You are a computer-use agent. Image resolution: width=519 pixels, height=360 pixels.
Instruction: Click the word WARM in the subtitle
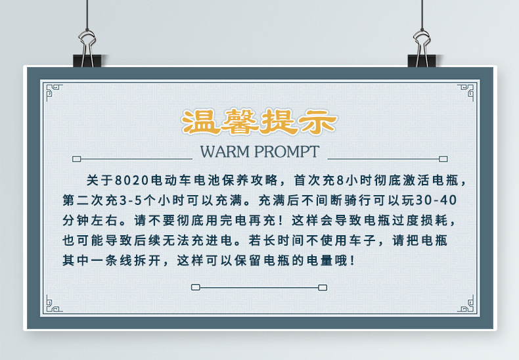click(x=226, y=152)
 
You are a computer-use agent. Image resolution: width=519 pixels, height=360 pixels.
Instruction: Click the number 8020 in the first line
click(x=132, y=181)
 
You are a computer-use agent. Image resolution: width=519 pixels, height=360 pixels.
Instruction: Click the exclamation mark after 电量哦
click(x=353, y=260)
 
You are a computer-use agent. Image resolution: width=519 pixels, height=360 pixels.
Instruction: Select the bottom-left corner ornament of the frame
click(x=50, y=304)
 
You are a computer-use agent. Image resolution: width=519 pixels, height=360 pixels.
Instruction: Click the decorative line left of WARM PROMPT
click(x=131, y=158)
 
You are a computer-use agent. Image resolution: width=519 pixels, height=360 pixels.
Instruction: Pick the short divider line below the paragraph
click(x=259, y=287)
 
